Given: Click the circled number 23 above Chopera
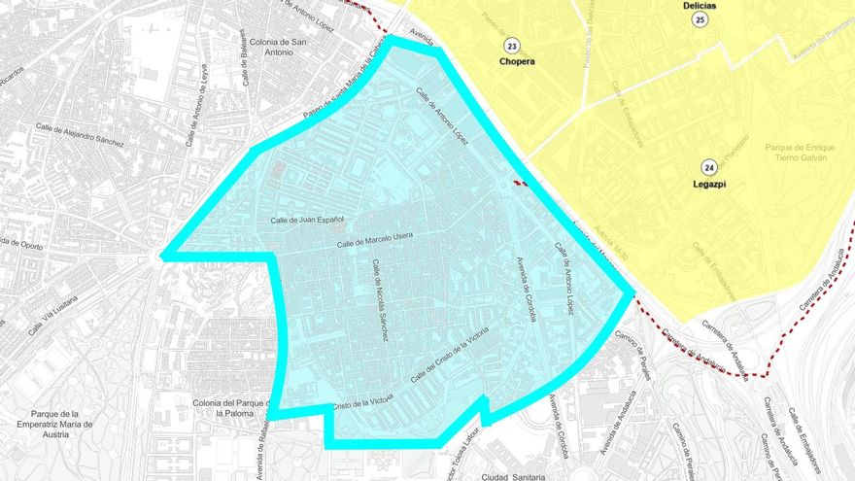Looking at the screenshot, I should tap(512, 45).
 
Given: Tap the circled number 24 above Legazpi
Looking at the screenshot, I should tap(710, 167).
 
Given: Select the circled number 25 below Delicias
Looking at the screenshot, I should tap(700, 20).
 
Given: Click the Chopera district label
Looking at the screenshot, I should tap(516, 61).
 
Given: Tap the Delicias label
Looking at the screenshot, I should tap(700, 6).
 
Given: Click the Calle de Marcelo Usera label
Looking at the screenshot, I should tap(375, 240).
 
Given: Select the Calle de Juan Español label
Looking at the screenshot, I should tap(308, 221).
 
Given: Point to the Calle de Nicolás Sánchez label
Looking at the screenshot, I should tap(380, 299).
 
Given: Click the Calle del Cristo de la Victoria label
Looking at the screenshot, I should tap(450, 355).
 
